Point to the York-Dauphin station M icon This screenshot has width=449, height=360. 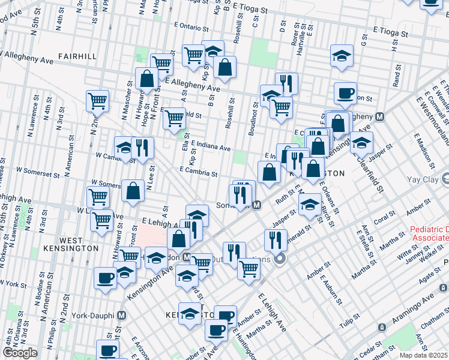(x=122, y=315)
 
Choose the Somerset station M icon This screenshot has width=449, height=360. (x=256, y=205)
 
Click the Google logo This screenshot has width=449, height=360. (x=19, y=353)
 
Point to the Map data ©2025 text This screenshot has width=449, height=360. (x=423, y=355)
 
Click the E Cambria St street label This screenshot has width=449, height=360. (x=197, y=172)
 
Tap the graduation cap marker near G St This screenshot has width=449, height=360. (x=342, y=56)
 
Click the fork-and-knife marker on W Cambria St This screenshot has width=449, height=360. (x=142, y=148)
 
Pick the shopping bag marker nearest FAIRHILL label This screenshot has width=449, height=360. (x=146, y=78)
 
